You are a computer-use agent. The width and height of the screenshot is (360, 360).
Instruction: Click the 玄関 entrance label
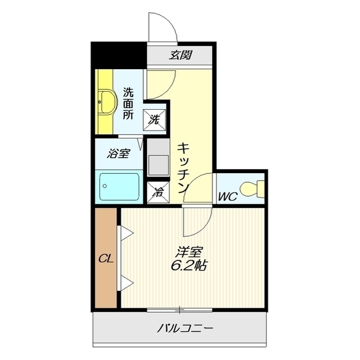[x=180, y=55]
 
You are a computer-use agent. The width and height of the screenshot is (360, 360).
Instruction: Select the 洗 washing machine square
[x=156, y=119]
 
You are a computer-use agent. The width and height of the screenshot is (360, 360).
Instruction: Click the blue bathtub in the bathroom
[x=120, y=186]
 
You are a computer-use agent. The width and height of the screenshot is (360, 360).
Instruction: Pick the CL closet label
[x=105, y=259]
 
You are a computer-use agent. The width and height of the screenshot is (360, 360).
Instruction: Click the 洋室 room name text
[x=188, y=253]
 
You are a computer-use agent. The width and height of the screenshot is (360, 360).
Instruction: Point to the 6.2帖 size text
[x=188, y=266]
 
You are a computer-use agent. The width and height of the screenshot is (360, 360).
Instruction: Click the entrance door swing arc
[x=161, y=25]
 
